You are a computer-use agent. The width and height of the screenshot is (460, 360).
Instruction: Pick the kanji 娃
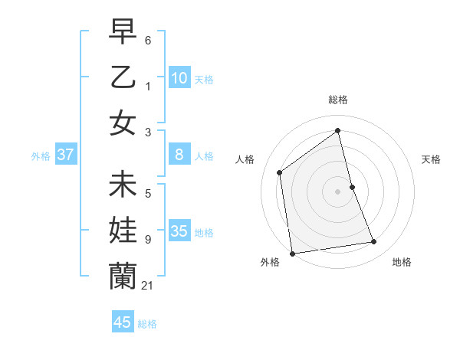(x=123, y=230)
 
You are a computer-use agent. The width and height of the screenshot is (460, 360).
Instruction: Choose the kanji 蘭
(x=123, y=276)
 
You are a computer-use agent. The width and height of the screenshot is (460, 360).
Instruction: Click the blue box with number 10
(x=179, y=78)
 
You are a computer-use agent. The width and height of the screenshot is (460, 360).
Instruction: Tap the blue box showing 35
(x=179, y=232)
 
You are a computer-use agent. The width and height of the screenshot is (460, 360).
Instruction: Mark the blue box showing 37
(x=66, y=155)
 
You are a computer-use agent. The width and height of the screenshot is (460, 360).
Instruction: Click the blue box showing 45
(x=123, y=322)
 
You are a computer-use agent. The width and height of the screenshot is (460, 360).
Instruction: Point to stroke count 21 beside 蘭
(x=147, y=286)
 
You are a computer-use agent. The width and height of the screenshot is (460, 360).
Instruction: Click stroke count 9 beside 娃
(x=147, y=240)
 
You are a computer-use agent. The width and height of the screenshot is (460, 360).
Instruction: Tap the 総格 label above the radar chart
(x=338, y=100)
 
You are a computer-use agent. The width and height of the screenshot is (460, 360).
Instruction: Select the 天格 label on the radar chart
(x=432, y=159)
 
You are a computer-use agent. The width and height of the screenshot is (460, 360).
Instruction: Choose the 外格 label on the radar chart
(x=269, y=262)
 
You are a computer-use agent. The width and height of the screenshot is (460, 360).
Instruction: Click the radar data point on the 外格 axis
(x=292, y=254)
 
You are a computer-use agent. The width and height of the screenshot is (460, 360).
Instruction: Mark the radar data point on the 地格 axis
(x=374, y=242)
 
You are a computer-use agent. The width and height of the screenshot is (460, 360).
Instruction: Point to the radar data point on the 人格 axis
(x=280, y=172)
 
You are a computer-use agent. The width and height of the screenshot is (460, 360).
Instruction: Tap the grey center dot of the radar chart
(x=338, y=191)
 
